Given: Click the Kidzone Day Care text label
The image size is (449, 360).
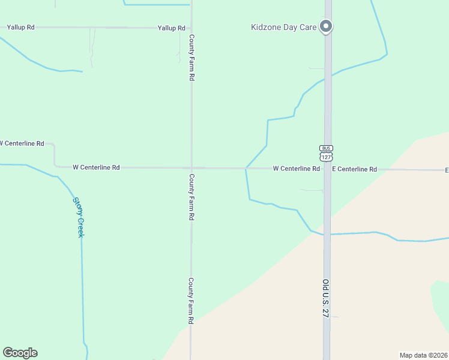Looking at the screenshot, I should (x=284, y=27).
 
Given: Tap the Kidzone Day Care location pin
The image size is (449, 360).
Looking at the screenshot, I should (x=326, y=26).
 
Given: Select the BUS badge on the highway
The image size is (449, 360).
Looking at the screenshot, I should (x=326, y=148).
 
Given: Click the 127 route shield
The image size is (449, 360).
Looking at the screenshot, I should (x=326, y=157).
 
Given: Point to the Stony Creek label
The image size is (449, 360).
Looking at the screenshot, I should (x=79, y=217).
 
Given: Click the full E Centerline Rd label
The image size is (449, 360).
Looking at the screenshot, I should (x=355, y=169).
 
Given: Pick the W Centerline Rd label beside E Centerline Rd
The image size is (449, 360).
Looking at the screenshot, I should (x=296, y=169).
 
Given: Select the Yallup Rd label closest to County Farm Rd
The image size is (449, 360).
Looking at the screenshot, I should (x=171, y=28).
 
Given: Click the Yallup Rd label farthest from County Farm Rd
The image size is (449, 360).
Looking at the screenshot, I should (x=20, y=28).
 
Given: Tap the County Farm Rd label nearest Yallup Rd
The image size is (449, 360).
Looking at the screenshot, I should (x=191, y=58).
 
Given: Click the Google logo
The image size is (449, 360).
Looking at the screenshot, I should (x=20, y=353).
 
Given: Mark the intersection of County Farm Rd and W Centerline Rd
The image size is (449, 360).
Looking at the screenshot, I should (x=191, y=168).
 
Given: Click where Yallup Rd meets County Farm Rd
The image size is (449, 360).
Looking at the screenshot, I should (x=191, y=28).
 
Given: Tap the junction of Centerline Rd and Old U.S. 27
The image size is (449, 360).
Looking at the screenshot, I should (x=327, y=169).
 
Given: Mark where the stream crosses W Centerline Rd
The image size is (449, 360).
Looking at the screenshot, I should (x=246, y=169).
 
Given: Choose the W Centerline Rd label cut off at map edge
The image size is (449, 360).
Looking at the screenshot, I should (x=22, y=143).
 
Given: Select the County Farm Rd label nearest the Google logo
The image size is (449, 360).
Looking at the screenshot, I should (x=190, y=301).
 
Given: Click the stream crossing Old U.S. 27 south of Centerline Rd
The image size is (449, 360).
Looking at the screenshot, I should (x=327, y=234).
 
